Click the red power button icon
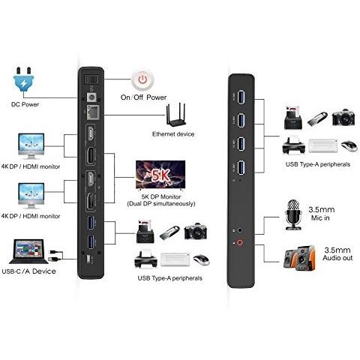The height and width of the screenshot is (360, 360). [142, 79]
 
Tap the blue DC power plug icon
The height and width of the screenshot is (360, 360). [24, 79]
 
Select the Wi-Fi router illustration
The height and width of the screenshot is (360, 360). [175, 115]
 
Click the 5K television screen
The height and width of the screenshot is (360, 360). [160, 175]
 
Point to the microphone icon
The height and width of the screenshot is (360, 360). [293, 214]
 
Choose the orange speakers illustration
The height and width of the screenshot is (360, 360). [299, 258]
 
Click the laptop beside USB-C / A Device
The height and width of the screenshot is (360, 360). [28, 252]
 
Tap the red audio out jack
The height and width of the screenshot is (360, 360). [240, 242]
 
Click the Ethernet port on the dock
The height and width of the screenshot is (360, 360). [92, 112]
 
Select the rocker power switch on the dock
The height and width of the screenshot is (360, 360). [91, 79]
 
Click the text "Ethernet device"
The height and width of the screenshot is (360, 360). [173, 134]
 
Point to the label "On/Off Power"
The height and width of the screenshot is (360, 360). [143, 97]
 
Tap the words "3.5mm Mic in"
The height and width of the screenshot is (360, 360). [321, 214]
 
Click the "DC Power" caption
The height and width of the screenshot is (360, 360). [25, 104]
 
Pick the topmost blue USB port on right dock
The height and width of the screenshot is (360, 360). [241, 96]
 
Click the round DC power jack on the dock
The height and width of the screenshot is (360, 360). [91, 97]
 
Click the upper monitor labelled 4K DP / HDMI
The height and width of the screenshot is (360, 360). [31, 146]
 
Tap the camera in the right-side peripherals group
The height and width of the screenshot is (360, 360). [343, 118]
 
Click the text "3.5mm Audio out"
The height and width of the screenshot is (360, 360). [337, 253]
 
